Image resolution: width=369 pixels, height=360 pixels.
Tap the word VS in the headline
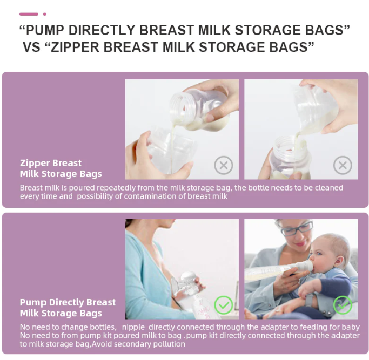(x=31, y=47)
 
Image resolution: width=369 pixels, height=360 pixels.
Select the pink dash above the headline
(x=29, y=14)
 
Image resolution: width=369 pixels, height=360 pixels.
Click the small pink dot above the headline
(x=45, y=14)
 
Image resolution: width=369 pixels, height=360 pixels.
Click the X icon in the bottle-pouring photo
(x=224, y=165)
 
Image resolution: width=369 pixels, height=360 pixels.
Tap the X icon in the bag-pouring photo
(x=343, y=165)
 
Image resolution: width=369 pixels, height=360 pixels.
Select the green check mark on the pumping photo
(x=224, y=305)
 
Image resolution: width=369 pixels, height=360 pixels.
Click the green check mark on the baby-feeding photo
(x=343, y=305)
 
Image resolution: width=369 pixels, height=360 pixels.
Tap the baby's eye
(x=319, y=253)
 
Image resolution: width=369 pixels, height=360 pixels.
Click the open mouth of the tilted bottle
(x=179, y=105)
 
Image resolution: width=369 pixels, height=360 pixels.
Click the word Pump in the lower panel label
(x=33, y=302)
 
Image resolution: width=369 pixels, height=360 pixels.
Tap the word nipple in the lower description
(x=133, y=327)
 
